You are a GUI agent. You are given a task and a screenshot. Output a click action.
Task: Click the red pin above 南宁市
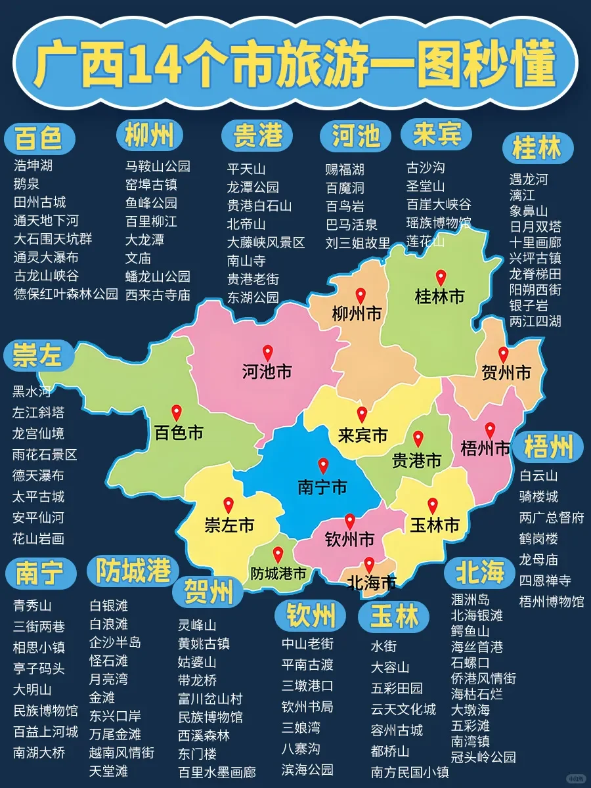[322, 466]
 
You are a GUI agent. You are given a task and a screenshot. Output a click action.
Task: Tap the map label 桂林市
[439, 297]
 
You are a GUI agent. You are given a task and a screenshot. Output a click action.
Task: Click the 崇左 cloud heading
[37, 355]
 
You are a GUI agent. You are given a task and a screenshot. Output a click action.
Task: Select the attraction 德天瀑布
[39, 475]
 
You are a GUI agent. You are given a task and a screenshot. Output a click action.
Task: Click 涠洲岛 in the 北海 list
[470, 599]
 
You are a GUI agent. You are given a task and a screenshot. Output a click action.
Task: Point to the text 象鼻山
[529, 211]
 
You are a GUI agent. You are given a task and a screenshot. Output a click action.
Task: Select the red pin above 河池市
[267, 353]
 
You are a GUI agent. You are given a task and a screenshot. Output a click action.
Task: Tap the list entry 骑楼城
[538, 496]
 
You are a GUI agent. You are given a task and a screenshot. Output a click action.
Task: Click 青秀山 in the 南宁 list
[32, 605]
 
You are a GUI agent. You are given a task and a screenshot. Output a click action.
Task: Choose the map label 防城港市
[278, 573]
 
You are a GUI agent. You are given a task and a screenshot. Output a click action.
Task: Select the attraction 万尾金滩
[115, 733]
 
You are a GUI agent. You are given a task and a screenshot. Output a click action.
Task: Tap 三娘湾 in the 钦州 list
[301, 728]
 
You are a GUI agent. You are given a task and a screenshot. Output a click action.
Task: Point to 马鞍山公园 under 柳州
[158, 165]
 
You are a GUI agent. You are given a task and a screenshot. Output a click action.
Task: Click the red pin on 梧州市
[489, 430]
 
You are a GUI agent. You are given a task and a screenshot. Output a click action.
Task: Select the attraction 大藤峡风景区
[266, 242]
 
